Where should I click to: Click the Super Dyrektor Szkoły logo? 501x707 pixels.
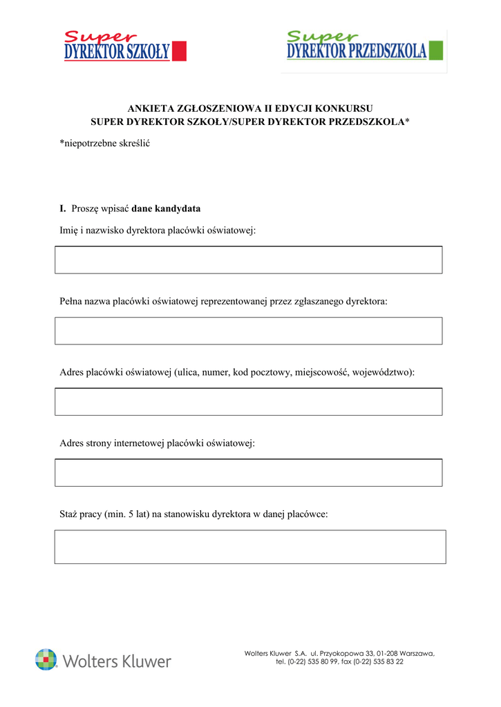(124, 46)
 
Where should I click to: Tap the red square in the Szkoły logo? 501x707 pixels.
(179, 51)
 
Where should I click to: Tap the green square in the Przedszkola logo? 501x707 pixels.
(436, 50)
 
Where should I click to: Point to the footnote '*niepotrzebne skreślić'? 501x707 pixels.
(105, 144)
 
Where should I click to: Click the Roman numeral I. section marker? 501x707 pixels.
(63, 209)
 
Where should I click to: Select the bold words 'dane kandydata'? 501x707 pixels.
(166, 209)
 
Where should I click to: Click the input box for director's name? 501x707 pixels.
(248, 260)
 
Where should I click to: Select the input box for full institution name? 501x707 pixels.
(248, 331)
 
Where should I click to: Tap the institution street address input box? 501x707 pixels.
(248, 402)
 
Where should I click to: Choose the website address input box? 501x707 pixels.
(248, 473)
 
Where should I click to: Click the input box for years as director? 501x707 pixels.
(250, 547)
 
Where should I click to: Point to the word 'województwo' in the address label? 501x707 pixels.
(382, 373)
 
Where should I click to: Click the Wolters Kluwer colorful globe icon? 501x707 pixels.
(46, 660)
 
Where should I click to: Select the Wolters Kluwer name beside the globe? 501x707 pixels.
(117, 661)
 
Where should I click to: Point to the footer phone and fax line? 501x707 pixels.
(339, 662)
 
